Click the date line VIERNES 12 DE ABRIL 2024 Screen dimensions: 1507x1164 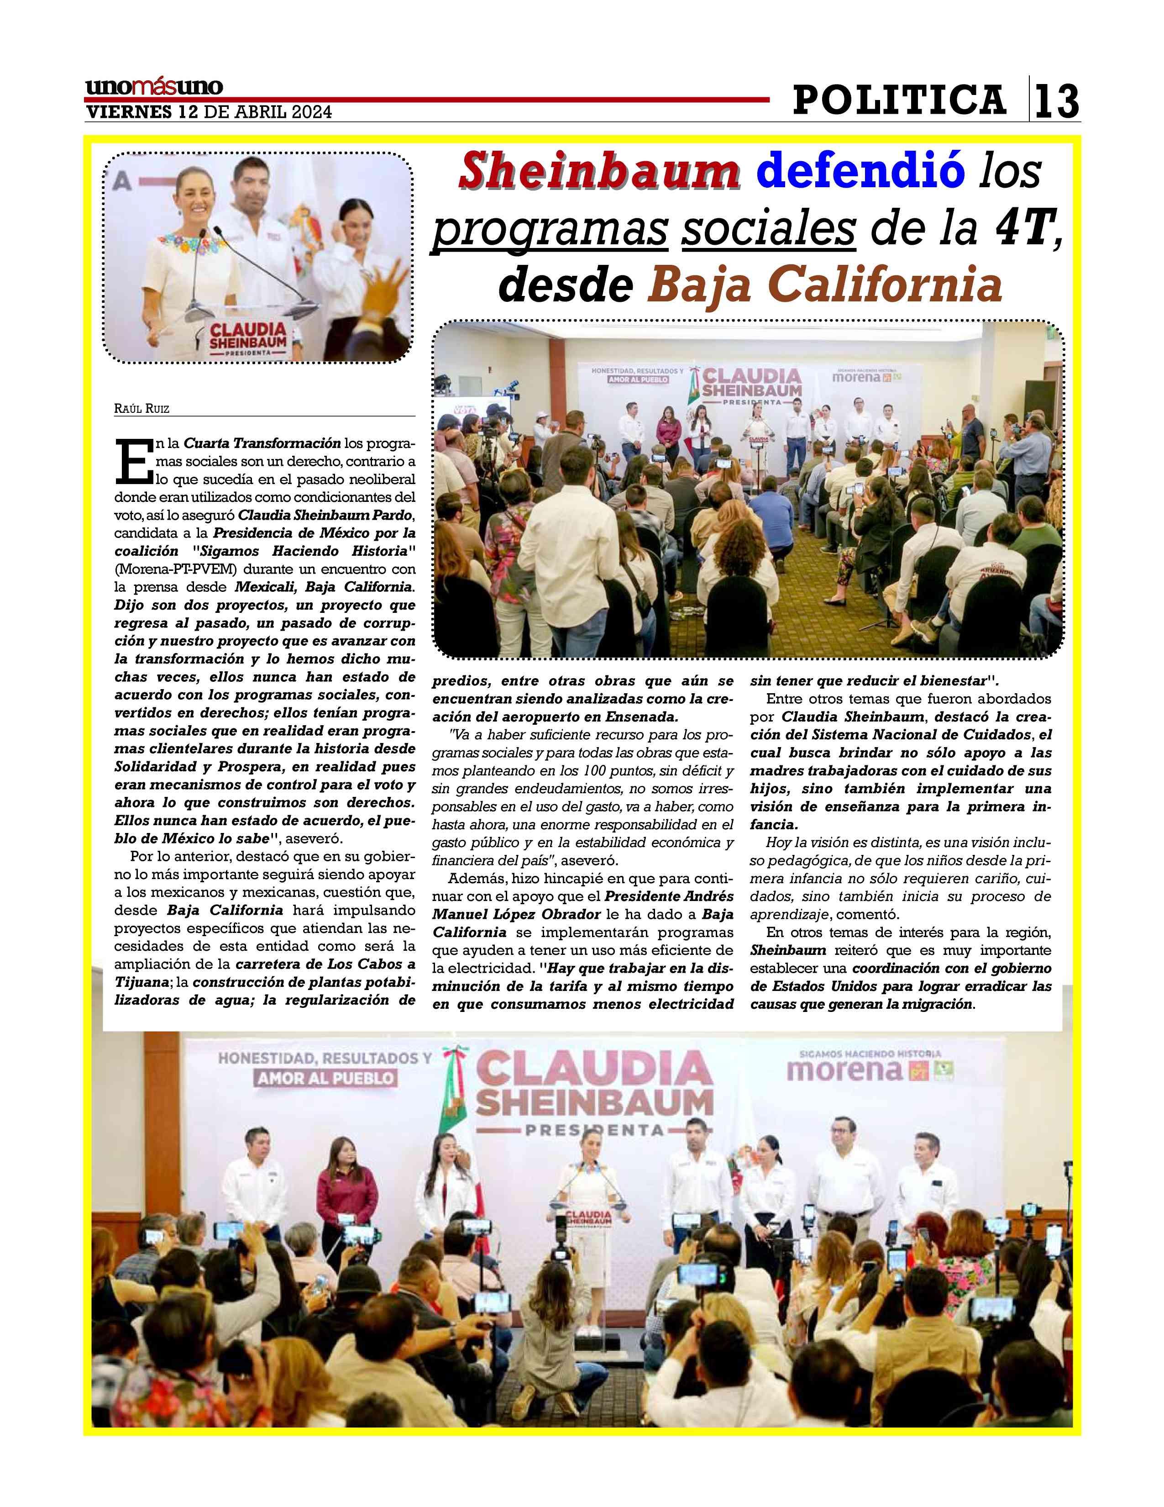208,112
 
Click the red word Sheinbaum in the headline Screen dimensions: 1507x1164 599,173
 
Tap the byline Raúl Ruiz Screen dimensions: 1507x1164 142,409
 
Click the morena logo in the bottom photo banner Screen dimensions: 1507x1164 845,1070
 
